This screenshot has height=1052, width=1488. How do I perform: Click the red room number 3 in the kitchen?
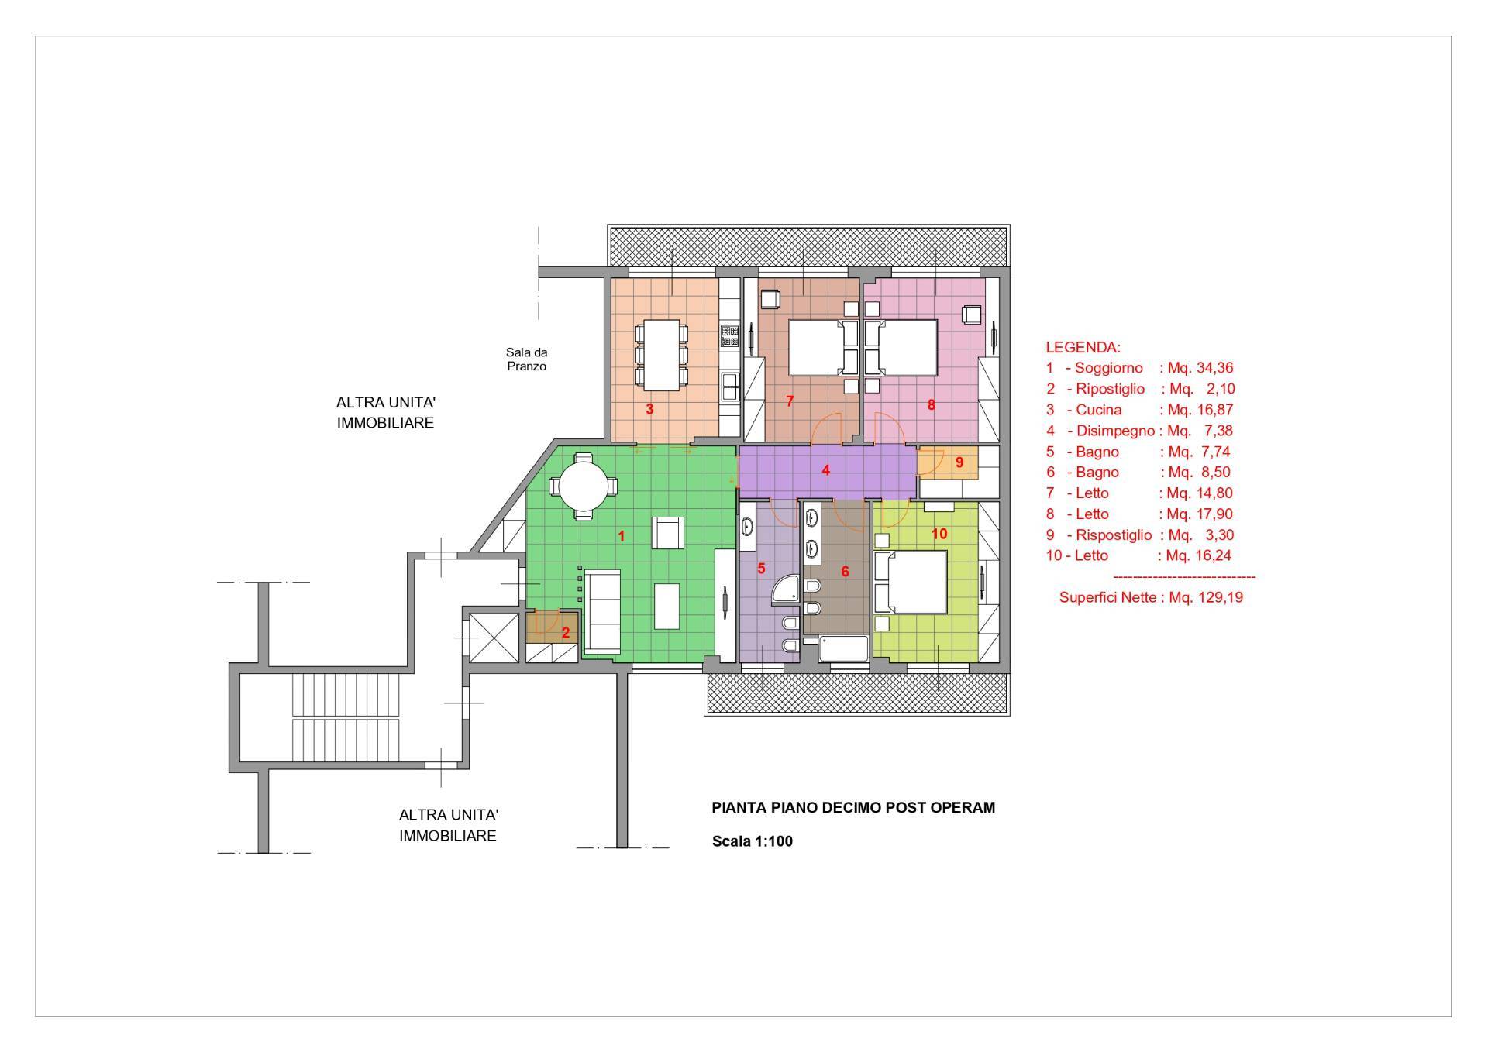[650, 409]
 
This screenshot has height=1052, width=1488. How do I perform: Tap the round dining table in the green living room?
[585, 486]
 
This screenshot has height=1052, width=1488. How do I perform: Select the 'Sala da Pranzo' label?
[527, 359]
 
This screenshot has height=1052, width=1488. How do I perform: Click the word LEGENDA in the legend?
[1083, 347]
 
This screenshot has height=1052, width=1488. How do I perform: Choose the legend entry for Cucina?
[1139, 410]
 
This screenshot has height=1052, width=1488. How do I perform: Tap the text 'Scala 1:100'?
[753, 841]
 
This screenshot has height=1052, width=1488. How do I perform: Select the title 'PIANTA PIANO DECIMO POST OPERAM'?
[853, 807]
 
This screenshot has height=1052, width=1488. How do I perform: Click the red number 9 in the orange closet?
[959, 462]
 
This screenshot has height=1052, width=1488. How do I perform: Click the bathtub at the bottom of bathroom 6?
[845, 649]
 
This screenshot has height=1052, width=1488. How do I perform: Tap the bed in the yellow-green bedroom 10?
[911, 582]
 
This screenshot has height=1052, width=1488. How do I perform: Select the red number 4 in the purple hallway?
[826, 470]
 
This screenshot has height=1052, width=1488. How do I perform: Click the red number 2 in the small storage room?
[566, 633]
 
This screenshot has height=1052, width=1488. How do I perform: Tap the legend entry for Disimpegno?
[1139, 431]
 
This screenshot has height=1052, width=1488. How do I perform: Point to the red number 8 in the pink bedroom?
[932, 404]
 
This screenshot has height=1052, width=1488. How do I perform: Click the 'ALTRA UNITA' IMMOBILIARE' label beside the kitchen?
[385, 413]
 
